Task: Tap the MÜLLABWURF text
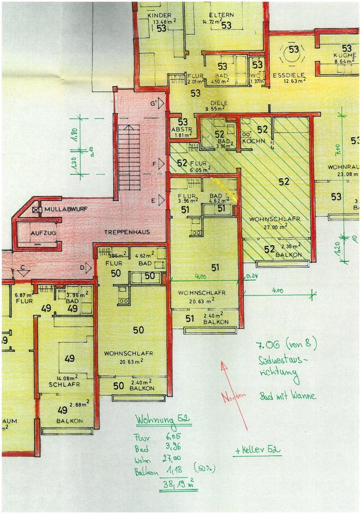65,208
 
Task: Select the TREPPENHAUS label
126,232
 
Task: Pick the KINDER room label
158,15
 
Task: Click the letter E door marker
153,201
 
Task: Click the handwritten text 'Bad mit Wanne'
288,397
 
